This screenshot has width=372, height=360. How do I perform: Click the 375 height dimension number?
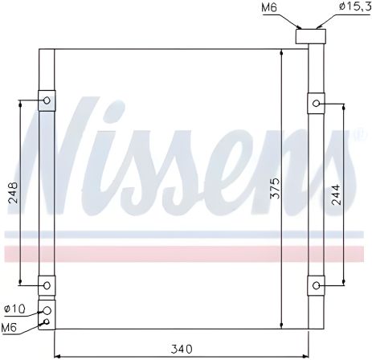click(275, 189)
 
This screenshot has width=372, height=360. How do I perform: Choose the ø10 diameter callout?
click(14, 309)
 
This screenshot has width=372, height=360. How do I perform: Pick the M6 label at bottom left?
click(11, 327)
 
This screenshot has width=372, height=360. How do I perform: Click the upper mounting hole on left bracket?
click(47, 101)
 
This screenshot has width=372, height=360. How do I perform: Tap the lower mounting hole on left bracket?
click(47, 284)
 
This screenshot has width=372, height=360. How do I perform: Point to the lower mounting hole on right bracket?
click(317, 284)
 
